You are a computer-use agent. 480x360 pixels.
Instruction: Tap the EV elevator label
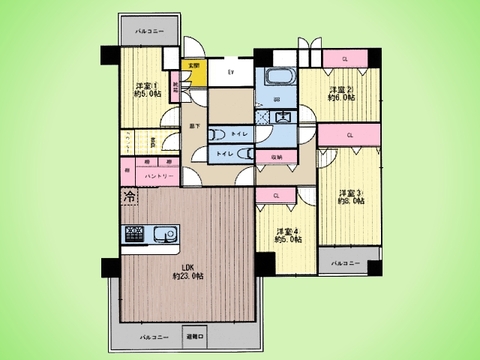pyautogui.click(x=231, y=71)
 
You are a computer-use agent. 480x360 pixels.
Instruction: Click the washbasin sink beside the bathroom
pyautogui.click(x=282, y=117)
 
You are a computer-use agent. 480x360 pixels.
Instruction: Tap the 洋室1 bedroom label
pyautogui.click(x=147, y=90)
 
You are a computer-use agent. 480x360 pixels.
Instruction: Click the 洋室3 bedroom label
pyautogui.click(x=349, y=197)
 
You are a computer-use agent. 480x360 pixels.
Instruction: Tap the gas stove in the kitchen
pyautogui.click(x=134, y=233)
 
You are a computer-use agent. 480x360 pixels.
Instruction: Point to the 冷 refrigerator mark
pyautogui.click(x=130, y=198)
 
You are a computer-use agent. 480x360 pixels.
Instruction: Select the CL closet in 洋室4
pyautogui.click(x=276, y=197)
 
